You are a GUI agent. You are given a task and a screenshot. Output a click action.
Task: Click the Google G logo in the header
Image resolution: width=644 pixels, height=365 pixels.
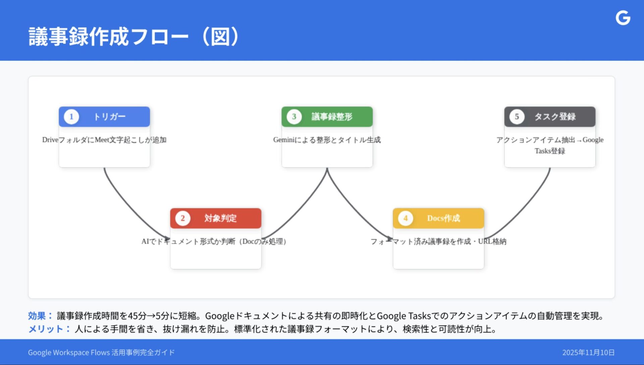[x=623, y=18]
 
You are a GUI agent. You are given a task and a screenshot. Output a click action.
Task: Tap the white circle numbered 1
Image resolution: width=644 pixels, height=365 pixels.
[x=71, y=117]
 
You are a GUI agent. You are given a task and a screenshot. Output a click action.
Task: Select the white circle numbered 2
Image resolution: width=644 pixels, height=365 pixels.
[x=182, y=218]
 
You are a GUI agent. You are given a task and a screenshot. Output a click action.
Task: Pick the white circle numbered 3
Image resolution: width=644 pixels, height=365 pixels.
[x=294, y=117]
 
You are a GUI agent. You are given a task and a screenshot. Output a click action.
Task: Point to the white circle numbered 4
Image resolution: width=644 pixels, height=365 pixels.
[x=405, y=218]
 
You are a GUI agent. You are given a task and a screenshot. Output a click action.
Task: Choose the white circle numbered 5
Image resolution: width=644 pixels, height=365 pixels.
[x=517, y=117]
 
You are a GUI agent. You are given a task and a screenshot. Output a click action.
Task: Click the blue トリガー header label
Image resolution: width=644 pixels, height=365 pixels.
[x=109, y=117]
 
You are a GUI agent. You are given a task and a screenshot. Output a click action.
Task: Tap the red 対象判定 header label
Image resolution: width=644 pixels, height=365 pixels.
[x=220, y=218]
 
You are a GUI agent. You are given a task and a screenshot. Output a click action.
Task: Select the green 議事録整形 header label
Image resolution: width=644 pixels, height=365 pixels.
[x=332, y=117]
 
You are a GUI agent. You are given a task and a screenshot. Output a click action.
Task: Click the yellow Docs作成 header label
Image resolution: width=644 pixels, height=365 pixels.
[x=443, y=218]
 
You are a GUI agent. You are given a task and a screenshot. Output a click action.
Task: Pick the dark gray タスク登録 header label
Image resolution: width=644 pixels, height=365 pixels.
[x=555, y=117]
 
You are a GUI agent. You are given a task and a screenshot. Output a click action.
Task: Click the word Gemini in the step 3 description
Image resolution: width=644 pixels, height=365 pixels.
[x=283, y=140]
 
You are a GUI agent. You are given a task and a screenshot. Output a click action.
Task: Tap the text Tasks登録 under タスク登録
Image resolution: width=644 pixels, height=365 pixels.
[x=550, y=151]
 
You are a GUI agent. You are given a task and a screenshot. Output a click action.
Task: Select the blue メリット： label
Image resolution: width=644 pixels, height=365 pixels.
[x=49, y=329]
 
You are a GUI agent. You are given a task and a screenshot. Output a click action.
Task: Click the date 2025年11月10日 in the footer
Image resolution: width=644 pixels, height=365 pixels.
[x=588, y=353]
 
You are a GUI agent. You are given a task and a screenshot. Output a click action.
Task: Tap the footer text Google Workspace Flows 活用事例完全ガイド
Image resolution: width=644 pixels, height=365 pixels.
[x=101, y=353]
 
